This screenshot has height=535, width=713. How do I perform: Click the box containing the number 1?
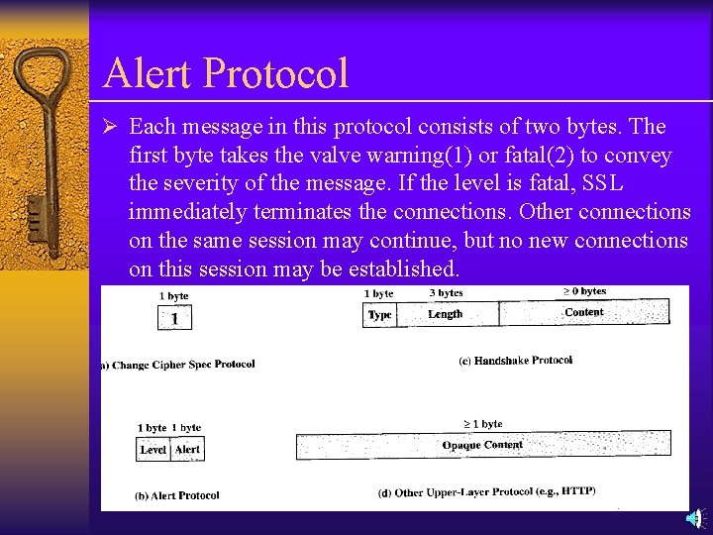coord(174,317)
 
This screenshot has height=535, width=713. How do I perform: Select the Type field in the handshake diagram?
coord(380,314)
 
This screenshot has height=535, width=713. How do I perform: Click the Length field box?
coord(446,314)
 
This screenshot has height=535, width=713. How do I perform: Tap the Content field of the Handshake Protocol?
coord(583,312)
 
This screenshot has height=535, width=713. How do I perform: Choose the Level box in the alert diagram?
coord(153,449)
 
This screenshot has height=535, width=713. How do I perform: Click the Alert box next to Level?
coord(187,449)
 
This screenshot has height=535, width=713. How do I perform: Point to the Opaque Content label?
coord(482,445)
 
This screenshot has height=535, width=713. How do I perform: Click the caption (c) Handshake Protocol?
coord(515,361)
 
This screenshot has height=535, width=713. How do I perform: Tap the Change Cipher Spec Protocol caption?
coord(178,365)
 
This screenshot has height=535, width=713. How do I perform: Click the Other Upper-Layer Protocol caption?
coord(486,491)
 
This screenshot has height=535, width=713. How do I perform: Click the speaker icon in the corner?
coord(695,518)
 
